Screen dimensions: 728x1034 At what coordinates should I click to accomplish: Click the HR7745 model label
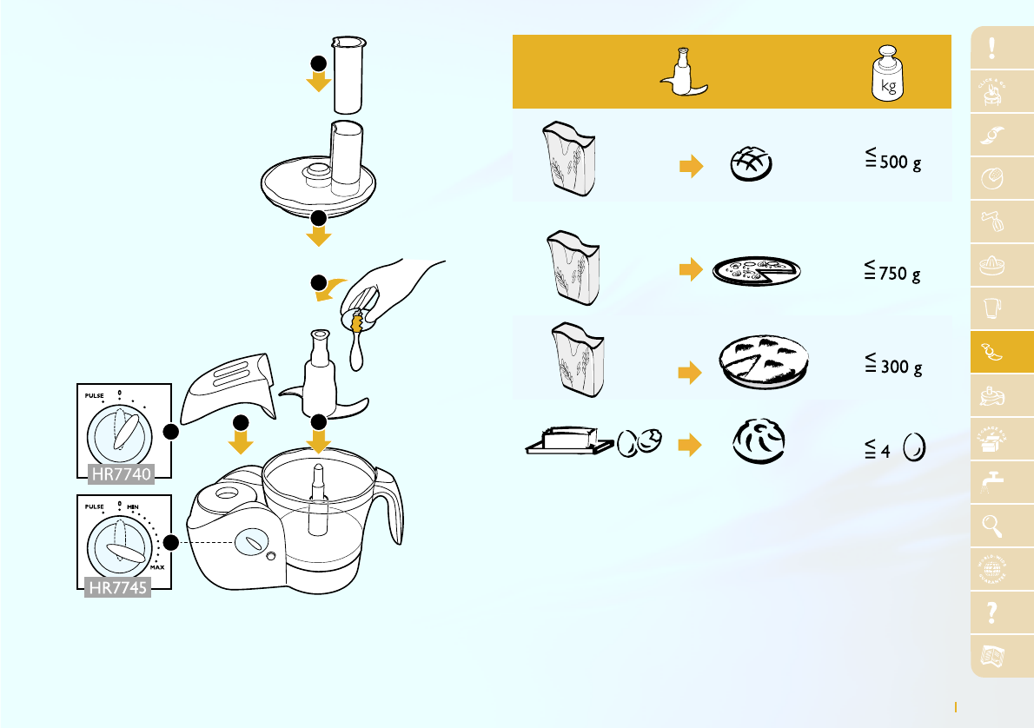[x=116, y=587]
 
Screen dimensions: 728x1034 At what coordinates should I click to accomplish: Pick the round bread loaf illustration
[x=749, y=163]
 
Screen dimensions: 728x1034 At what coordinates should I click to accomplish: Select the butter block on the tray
[x=567, y=439]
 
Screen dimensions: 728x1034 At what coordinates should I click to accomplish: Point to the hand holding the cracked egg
[x=391, y=287]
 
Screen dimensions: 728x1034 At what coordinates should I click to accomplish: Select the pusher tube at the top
[x=352, y=74]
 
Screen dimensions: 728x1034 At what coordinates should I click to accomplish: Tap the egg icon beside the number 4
[x=914, y=450]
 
